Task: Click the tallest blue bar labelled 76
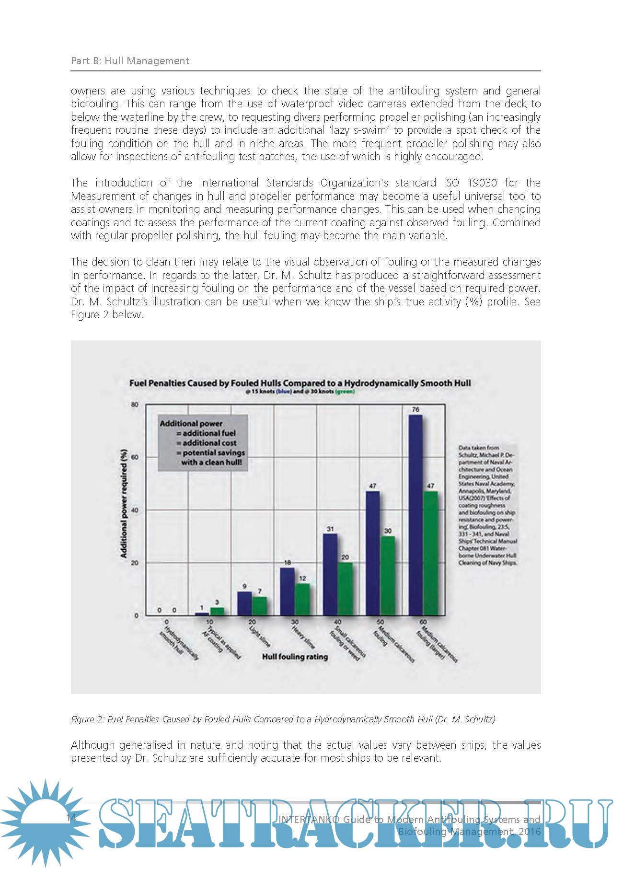(x=415, y=515)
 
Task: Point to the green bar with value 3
(x=217, y=611)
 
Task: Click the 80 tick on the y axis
(x=135, y=405)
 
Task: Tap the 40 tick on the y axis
(x=135, y=510)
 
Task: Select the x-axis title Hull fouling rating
(x=295, y=657)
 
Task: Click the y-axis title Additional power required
(x=124, y=503)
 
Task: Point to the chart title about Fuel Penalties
(x=300, y=383)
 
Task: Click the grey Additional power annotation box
(x=203, y=443)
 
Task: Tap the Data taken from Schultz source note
(x=487, y=505)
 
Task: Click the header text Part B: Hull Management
(x=130, y=61)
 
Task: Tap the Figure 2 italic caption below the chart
(x=283, y=719)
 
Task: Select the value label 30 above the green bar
(x=388, y=531)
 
